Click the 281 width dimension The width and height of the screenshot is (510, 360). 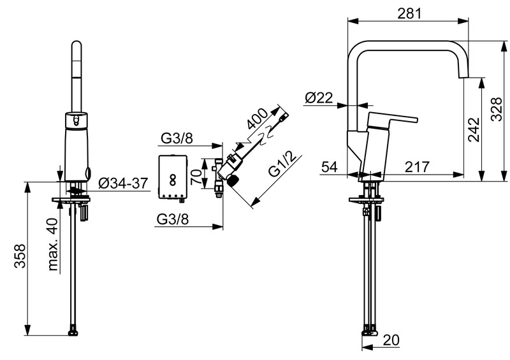[409, 13]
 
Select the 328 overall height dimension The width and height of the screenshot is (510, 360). [496, 109]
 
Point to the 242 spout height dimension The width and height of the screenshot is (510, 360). [474, 129]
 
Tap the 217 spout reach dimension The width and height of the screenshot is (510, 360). [417, 167]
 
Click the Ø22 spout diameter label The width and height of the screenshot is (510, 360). [319, 97]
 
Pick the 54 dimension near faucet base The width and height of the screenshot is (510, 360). [330, 167]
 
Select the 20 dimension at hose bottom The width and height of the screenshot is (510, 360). [391, 340]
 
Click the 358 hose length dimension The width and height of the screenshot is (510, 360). [20, 256]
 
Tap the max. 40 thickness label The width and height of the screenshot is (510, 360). [52, 245]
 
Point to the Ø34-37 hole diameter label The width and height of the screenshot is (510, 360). [123, 184]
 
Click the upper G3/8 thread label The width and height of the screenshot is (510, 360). [177, 138]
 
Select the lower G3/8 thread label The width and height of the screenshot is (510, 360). [173, 219]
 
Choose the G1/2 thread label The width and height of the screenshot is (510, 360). [283, 164]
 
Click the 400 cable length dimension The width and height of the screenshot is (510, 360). [257, 119]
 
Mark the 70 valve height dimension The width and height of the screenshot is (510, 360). [196, 175]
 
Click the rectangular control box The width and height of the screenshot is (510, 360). [173, 177]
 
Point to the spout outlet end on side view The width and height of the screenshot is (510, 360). [464, 77]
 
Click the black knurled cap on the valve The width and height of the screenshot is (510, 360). [233, 180]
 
